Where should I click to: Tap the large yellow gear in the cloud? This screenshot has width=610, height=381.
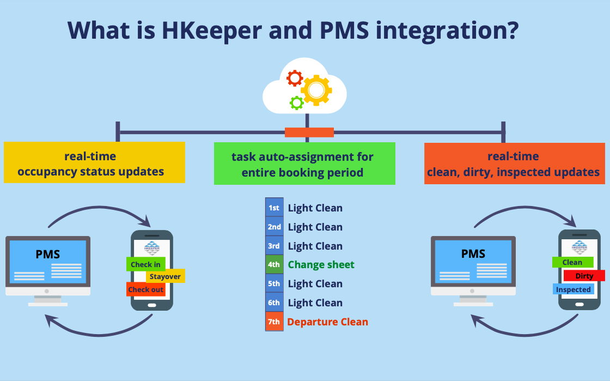pyautogui.click(x=316, y=90)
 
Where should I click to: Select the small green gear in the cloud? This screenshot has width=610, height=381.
pyautogui.click(x=297, y=102)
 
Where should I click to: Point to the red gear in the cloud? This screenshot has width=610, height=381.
pyautogui.click(x=295, y=78)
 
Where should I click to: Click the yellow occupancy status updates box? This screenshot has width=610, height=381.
pyautogui.click(x=94, y=163)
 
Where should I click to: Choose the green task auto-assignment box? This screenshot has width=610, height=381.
pyautogui.click(x=304, y=164)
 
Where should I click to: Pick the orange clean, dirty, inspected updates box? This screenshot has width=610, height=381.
pyautogui.click(x=514, y=164)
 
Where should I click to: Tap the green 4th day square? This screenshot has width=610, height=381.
pyautogui.click(x=274, y=265)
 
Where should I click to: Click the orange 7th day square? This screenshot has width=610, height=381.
pyautogui.click(x=274, y=322)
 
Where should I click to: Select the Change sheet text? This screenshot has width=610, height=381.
pyautogui.click(x=321, y=265)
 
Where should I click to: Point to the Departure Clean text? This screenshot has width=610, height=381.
pyautogui.click(x=327, y=322)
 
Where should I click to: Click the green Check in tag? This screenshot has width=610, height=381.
pyautogui.click(x=145, y=264)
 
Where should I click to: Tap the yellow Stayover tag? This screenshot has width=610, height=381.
pyautogui.click(x=165, y=276)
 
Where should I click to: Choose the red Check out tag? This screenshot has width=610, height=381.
pyautogui.click(x=145, y=289)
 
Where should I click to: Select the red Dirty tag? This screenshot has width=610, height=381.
pyautogui.click(x=584, y=276)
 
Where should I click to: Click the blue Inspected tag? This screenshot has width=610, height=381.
pyautogui.click(x=573, y=289)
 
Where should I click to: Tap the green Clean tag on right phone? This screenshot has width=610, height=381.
pyautogui.click(x=572, y=262)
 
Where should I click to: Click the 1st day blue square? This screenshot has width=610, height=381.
pyautogui.click(x=274, y=208)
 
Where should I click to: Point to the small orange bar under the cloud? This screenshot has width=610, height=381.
pyautogui.click(x=309, y=132)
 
